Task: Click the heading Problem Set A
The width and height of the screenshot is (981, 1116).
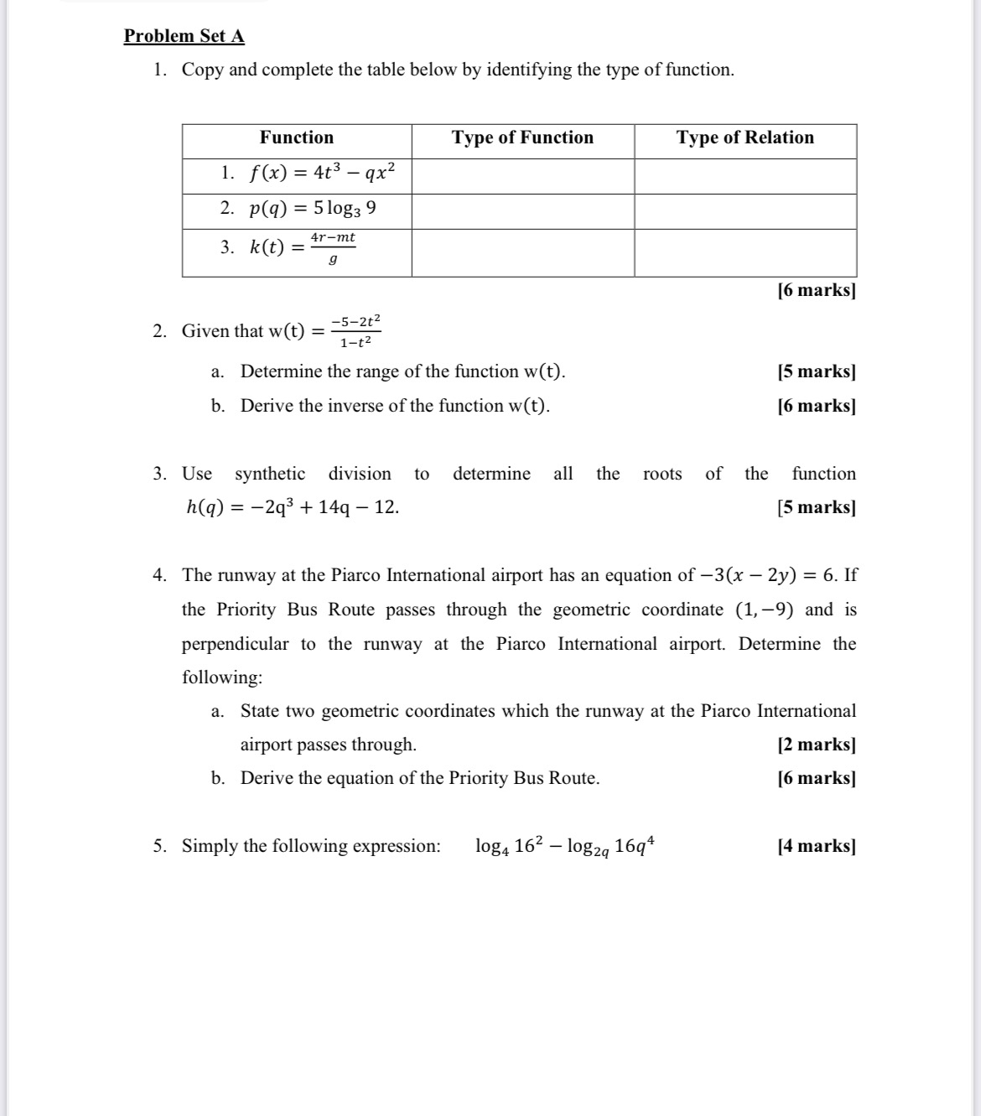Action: [x=184, y=36]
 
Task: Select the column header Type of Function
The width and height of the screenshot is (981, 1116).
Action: [x=522, y=138]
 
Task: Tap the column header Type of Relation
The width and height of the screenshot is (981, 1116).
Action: [x=745, y=138]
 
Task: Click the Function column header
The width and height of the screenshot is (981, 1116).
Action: [x=296, y=138]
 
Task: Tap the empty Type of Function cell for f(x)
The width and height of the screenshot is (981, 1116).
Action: [x=522, y=176]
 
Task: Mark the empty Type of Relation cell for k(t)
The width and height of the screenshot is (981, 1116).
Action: [x=745, y=252]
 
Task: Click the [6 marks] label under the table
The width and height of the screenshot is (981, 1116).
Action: [x=816, y=291]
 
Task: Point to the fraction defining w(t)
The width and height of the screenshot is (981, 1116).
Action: [x=356, y=331]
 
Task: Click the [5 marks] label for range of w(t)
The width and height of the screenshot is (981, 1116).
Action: [x=816, y=371]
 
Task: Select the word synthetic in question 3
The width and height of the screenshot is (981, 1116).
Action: [x=270, y=474]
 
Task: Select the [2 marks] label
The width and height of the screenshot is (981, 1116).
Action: [x=816, y=745]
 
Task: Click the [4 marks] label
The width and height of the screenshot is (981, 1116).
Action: [x=816, y=846]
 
